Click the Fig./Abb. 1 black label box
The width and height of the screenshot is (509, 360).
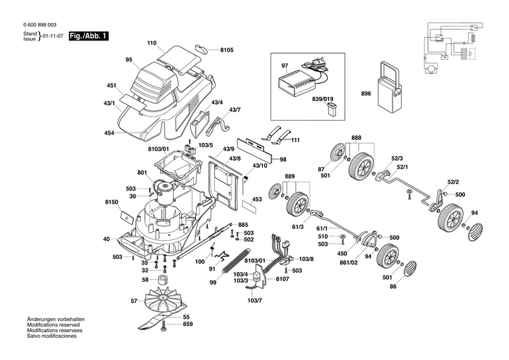[89, 35]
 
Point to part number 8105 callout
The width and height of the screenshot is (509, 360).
[227, 50]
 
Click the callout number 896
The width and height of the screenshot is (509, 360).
[366, 93]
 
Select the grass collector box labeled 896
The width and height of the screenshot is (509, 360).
[388, 87]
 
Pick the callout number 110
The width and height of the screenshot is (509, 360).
[151, 44]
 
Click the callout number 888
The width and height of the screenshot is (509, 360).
[356, 139]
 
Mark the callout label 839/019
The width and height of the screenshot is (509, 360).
[323, 100]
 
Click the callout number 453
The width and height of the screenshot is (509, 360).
[257, 199]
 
